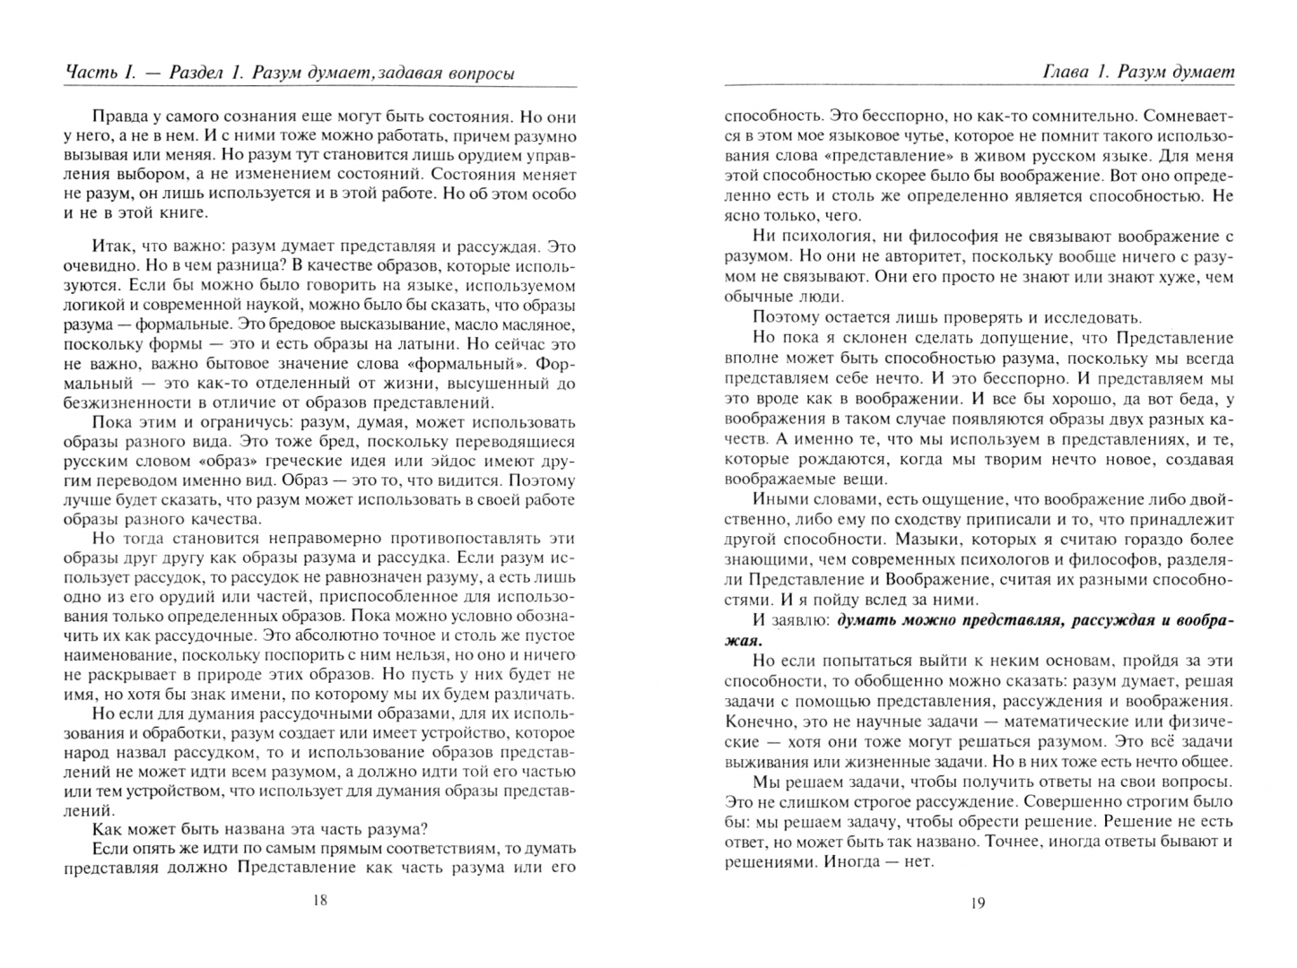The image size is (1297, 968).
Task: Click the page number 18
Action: click(320, 901)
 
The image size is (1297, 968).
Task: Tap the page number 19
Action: click(978, 903)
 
